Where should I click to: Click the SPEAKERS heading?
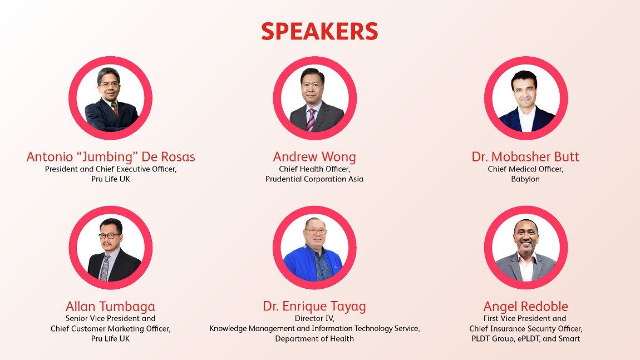pyautogui.click(x=319, y=32)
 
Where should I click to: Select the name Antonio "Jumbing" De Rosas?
pyautogui.click(x=111, y=157)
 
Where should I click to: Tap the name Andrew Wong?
pyautogui.click(x=314, y=157)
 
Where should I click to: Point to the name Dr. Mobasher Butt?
pyautogui.click(x=525, y=157)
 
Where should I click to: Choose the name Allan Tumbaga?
pyautogui.click(x=110, y=307)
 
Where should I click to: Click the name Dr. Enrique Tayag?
pyautogui.click(x=314, y=307)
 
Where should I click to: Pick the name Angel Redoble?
pyautogui.click(x=525, y=307)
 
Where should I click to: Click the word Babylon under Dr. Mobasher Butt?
pyautogui.click(x=525, y=179)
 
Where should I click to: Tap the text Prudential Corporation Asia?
pyautogui.click(x=314, y=179)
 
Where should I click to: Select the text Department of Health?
pyautogui.click(x=314, y=339)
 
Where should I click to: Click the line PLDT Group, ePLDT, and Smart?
pyautogui.click(x=525, y=339)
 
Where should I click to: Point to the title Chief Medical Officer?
pyautogui.click(x=525, y=169)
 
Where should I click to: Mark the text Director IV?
pyautogui.click(x=314, y=319)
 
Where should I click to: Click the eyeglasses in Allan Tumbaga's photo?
pyautogui.click(x=109, y=236)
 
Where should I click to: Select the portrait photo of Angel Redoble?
pyautogui.click(x=525, y=248)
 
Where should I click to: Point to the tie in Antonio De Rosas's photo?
pyautogui.click(x=115, y=109)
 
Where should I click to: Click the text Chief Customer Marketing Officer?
pyautogui.click(x=110, y=329)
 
